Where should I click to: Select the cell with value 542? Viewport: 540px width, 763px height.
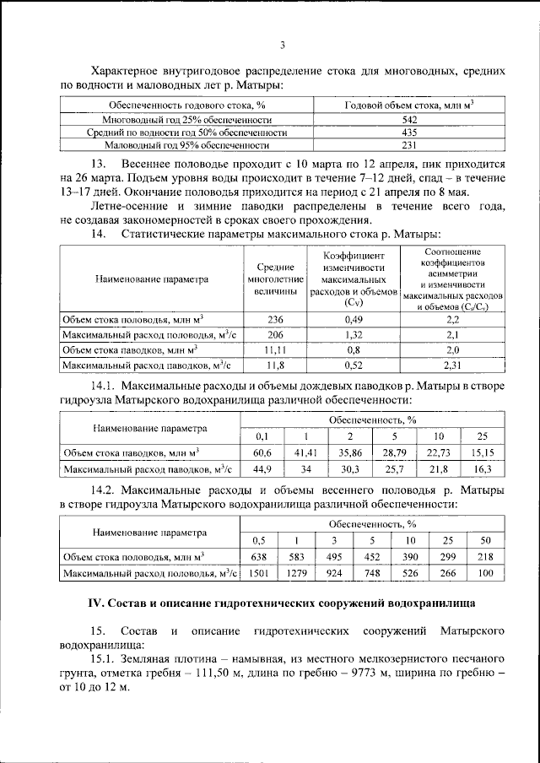click(x=408, y=120)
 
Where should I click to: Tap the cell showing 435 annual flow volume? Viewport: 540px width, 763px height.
click(x=408, y=133)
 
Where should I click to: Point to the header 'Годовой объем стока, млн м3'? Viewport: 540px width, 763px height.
click(x=408, y=106)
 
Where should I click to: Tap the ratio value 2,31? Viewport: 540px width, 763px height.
click(x=452, y=365)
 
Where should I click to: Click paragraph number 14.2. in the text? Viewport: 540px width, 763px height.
click(x=104, y=490)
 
